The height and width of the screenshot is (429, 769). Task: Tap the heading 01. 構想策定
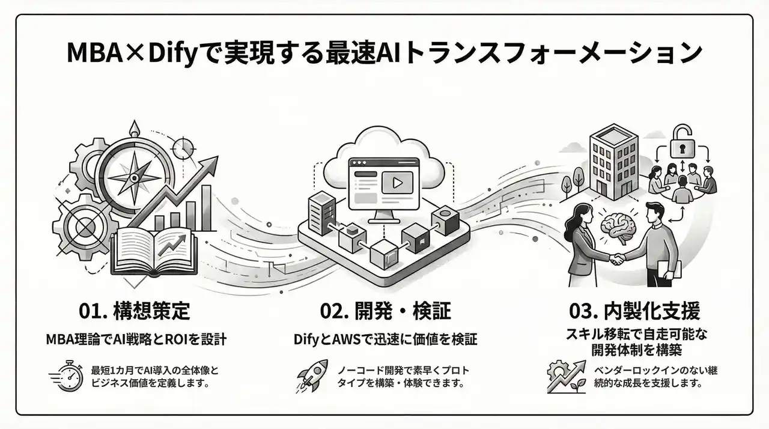[135, 311]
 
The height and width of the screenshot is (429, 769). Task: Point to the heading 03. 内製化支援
[634, 311]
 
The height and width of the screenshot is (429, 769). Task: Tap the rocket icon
[313, 376]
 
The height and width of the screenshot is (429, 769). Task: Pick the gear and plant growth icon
[565, 377]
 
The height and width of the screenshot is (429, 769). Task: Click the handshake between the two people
[619, 260]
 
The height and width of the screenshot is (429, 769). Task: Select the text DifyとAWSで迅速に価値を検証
[385, 340]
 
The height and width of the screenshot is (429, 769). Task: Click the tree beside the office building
[579, 177]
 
